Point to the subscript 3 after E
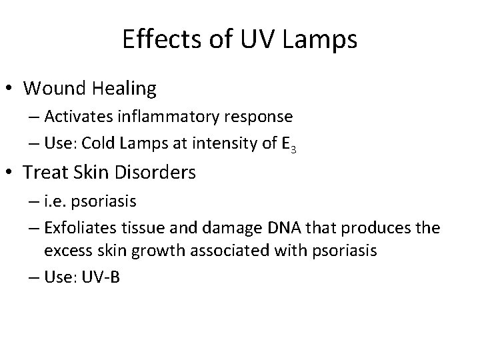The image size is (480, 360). (x=293, y=147)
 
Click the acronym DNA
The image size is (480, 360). (x=289, y=228)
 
